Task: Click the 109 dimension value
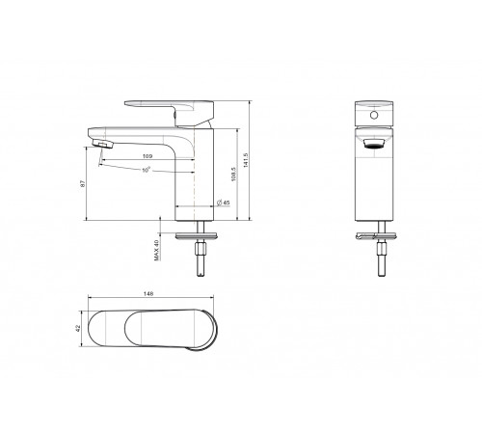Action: coord(147,156)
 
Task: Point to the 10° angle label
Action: coord(147,170)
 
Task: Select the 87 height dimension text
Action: coord(83,183)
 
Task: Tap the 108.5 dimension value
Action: coord(233,174)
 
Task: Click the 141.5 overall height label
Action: coord(246,160)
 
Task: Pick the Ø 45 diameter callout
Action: coord(224,203)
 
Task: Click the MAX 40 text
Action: coord(157,250)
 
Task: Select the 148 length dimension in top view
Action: coord(148,293)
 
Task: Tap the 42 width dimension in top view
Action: coord(77,328)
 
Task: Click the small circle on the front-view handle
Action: coord(374,115)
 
